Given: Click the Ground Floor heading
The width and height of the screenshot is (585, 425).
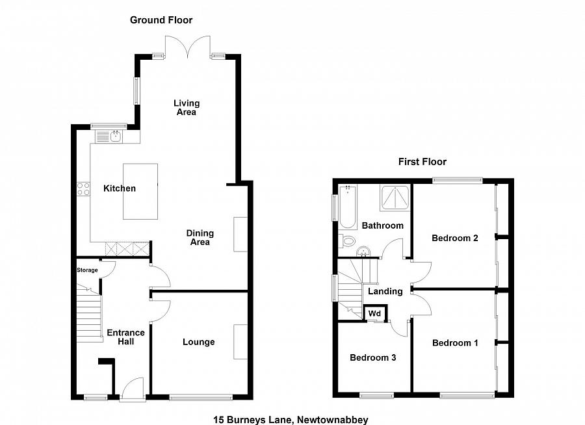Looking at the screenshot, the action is [161, 20].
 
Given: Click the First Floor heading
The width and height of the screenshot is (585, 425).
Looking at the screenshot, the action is [422, 162].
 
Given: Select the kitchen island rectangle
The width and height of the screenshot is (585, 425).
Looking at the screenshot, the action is [140, 191].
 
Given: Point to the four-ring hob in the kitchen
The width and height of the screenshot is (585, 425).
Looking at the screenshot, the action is [84, 189].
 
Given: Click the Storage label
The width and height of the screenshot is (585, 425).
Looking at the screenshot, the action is [87, 270].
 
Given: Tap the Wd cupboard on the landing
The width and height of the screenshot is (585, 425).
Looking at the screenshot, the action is [375, 313].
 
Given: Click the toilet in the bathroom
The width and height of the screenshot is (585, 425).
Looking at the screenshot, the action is [347, 241].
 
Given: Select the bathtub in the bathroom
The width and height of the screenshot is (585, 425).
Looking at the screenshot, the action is [348, 207].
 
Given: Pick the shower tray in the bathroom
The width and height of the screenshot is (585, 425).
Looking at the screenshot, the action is [395, 197].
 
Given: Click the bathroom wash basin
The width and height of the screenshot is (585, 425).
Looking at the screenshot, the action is [363, 252].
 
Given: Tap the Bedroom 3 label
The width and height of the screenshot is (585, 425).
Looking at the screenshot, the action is [372, 358].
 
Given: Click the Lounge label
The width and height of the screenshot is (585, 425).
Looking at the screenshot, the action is [198, 342].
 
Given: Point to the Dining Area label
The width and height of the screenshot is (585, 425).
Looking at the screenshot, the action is [200, 238].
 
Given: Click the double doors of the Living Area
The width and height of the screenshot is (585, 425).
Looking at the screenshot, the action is [188, 46].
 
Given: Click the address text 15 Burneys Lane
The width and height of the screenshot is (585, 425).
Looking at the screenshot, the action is [253, 420].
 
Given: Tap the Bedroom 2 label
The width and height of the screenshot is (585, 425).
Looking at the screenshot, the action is [455, 238].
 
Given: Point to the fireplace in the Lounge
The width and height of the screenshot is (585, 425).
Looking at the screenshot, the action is [240, 342].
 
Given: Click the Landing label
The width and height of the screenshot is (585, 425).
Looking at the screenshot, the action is [385, 291].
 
